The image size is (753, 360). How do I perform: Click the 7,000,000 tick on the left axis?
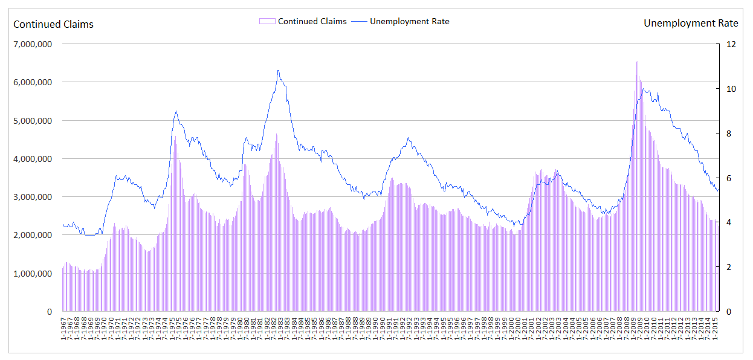33,44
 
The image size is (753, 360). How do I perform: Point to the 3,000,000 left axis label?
33,197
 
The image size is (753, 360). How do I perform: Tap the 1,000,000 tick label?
33,274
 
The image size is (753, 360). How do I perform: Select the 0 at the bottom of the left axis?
49,312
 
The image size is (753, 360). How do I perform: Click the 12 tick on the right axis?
731,44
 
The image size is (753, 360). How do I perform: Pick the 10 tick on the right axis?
731,89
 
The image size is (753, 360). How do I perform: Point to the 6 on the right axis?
728,178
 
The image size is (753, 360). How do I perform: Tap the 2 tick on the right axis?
728,267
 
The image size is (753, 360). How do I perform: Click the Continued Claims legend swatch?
267,21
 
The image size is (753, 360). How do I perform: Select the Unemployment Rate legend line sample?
359,21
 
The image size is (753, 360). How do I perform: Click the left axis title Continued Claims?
53,24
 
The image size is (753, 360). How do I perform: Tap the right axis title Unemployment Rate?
691,23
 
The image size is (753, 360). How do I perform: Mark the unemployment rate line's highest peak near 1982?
278,70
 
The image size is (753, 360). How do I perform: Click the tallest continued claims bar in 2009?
637,62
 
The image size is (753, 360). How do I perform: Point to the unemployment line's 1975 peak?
176,111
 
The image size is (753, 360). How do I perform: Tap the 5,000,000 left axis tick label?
33,121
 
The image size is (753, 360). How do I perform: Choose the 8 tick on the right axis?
728,133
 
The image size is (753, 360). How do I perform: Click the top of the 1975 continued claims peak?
175,137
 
